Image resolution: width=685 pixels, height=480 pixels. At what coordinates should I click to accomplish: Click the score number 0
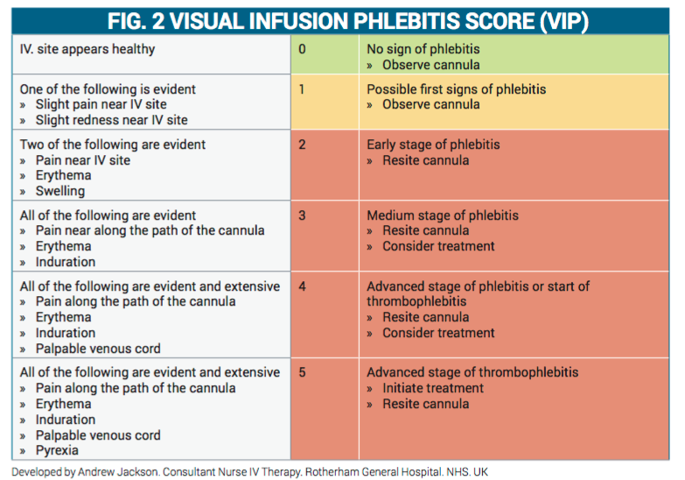(x=302, y=49)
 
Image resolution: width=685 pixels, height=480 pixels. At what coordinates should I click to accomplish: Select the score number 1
(x=302, y=89)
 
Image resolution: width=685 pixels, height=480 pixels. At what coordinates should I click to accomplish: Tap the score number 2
(x=302, y=145)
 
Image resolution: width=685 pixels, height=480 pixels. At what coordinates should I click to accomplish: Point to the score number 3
(x=302, y=215)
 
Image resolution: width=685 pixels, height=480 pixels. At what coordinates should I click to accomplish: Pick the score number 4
(x=302, y=286)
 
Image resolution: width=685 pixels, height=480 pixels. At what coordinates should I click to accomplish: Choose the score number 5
(x=302, y=372)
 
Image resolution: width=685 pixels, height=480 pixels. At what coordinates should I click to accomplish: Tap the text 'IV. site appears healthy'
(x=87, y=49)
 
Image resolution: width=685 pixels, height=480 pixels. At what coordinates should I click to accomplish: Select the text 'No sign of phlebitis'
(x=423, y=49)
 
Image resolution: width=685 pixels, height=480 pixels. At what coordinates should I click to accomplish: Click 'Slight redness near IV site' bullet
(x=111, y=120)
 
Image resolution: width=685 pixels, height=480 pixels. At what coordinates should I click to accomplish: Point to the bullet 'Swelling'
(x=59, y=191)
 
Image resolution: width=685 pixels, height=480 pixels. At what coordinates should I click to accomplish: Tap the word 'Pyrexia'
(x=57, y=451)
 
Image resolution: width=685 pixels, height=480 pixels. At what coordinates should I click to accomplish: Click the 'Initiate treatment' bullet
(x=432, y=388)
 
